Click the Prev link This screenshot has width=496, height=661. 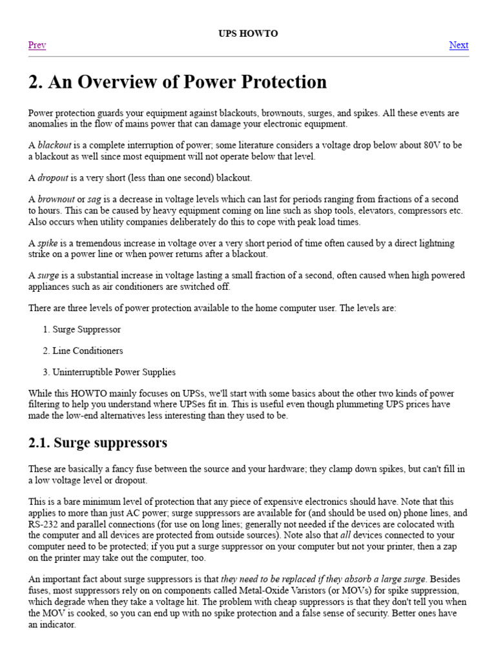coord(37,45)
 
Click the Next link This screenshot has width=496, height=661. coord(459,45)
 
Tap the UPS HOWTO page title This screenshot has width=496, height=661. coord(248,34)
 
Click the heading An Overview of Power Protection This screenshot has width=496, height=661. coord(178,82)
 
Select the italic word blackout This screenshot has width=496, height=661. coord(54,145)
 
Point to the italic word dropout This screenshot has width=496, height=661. coord(52,178)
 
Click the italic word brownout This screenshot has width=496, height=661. coord(56,199)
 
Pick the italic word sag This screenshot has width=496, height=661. coord(94,199)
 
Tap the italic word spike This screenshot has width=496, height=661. coord(47,243)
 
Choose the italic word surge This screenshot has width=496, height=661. coord(48,276)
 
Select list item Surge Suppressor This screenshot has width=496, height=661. coord(87,329)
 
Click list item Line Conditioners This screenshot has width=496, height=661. coord(88,351)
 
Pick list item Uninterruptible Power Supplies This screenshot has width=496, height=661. coord(114,372)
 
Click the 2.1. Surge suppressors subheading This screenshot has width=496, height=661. coord(98,443)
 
